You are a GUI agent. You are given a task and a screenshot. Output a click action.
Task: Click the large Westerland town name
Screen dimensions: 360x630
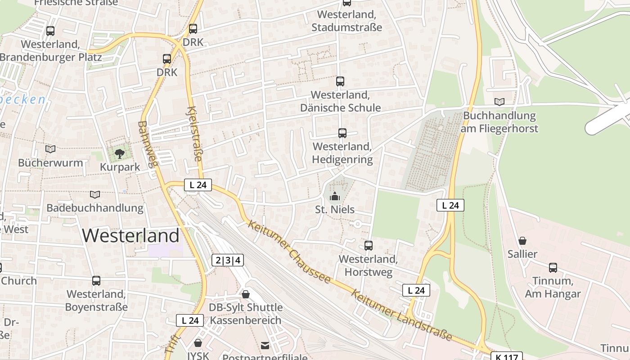(131, 236)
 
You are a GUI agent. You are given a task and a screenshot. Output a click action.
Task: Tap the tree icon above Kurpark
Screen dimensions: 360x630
(119, 154)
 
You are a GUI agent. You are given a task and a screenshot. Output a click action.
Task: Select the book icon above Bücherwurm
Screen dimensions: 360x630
(50, 149)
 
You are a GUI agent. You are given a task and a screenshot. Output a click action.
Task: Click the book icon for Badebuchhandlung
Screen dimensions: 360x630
(94, 195)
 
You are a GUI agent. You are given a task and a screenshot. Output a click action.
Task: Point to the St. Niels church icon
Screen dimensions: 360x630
(334, 196)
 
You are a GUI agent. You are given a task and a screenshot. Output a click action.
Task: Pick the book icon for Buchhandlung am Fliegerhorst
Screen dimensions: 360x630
(499, 102)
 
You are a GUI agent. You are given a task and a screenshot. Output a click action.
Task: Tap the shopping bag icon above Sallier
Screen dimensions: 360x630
(522, 241)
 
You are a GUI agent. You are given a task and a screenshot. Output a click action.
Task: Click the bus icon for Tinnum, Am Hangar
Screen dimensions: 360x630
(553, 268)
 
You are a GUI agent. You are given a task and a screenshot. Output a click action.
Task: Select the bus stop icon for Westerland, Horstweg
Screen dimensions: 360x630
(369, 246)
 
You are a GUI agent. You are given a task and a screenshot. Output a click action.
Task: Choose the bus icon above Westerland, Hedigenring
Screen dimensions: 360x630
(342, 133)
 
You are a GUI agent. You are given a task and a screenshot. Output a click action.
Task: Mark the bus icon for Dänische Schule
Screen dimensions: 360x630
(340, 81)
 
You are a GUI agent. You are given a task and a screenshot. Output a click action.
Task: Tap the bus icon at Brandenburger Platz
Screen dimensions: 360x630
(50, 31)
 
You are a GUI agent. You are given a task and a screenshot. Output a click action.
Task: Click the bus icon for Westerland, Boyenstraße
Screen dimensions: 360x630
(96, 281)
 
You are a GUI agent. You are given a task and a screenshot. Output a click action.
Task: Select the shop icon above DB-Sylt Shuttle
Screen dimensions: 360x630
(246, 294)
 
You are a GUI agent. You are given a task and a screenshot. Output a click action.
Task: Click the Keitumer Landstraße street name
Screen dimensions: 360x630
(401, 315)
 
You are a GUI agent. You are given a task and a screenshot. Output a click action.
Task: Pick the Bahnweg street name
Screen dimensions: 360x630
(148, 144)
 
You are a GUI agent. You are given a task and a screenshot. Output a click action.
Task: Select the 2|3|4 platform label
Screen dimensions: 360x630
(228, 260)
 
